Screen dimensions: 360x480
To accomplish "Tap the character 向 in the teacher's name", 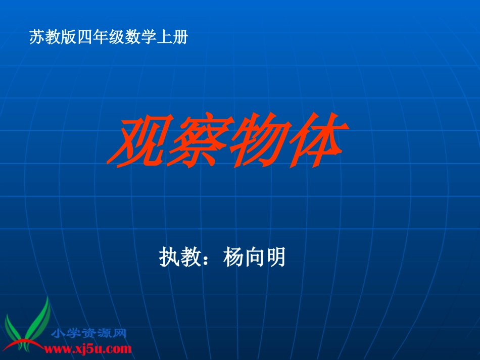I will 255,258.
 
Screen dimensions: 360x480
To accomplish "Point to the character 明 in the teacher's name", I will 276,258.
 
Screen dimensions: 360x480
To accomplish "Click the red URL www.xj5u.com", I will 88,348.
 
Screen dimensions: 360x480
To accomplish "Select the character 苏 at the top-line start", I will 37,37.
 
